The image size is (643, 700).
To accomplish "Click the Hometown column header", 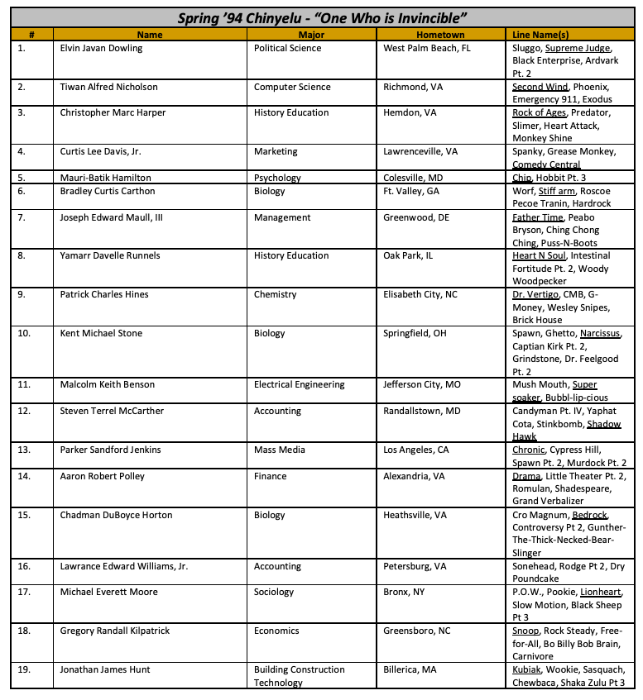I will pos(441,35).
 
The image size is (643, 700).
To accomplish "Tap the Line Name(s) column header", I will pos(540,35).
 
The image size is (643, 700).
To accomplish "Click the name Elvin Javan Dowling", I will pos(101,48).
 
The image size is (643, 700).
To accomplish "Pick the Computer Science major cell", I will pos(292,87).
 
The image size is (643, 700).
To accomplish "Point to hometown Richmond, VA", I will pos(415,87).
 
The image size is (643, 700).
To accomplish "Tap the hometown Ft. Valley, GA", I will pos(411,190).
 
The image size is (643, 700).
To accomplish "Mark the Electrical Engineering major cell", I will pos(299,384).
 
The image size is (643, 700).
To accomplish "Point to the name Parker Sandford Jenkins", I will pos(110,450).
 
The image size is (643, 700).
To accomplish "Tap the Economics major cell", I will pos(276,631).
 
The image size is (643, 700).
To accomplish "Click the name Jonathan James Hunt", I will pos(105,669).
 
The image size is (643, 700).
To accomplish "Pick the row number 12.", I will pos(23,411).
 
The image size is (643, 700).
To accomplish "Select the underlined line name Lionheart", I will pos(602,592).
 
